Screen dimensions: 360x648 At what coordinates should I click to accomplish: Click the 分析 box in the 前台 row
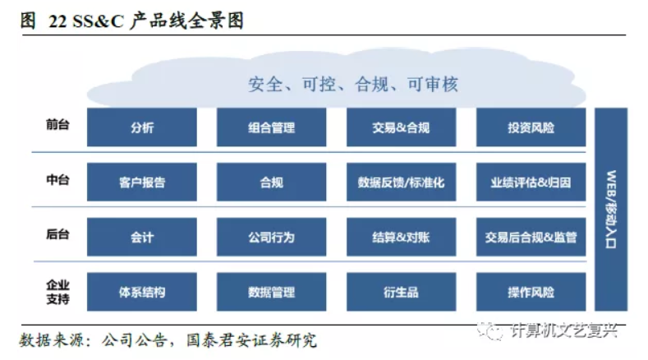[x=141, y=127]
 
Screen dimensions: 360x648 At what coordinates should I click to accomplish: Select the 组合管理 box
[x=271, y=127]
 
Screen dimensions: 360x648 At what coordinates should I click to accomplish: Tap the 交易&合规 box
[x=401, y=127]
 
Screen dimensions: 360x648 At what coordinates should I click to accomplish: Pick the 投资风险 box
[x=531, y=127]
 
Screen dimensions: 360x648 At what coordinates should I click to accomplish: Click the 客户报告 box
[x=141, y=182]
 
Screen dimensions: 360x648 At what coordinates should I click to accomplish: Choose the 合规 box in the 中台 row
[x=271, y=182]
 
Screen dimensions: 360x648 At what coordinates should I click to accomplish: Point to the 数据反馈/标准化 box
[x=401, y=182]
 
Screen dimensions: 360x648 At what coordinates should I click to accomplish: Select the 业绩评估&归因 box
[x=531, y=182]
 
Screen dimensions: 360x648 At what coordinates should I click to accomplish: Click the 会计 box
[x=141, y=238]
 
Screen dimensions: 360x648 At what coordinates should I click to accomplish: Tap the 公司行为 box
[x=271, y=238]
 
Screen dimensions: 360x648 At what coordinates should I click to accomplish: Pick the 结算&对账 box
[x=401, y=238]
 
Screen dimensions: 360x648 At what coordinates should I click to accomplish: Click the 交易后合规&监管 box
[x=531, y=238]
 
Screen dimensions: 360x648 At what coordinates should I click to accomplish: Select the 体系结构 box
[x=141, y=292]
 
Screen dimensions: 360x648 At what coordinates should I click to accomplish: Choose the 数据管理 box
[x=271, y=292]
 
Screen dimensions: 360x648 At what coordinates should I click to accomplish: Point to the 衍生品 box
[x=401, y=292]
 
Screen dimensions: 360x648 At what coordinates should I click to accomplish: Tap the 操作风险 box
[x=531, y=292]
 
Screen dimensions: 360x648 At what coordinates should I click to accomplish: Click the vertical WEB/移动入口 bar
[x=612, y=210]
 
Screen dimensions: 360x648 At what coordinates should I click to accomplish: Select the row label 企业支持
[x=57, y=292]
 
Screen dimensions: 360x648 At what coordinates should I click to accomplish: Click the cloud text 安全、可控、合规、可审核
[x=352, y=84]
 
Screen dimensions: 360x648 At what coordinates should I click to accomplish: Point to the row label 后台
[x=57, y=235]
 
